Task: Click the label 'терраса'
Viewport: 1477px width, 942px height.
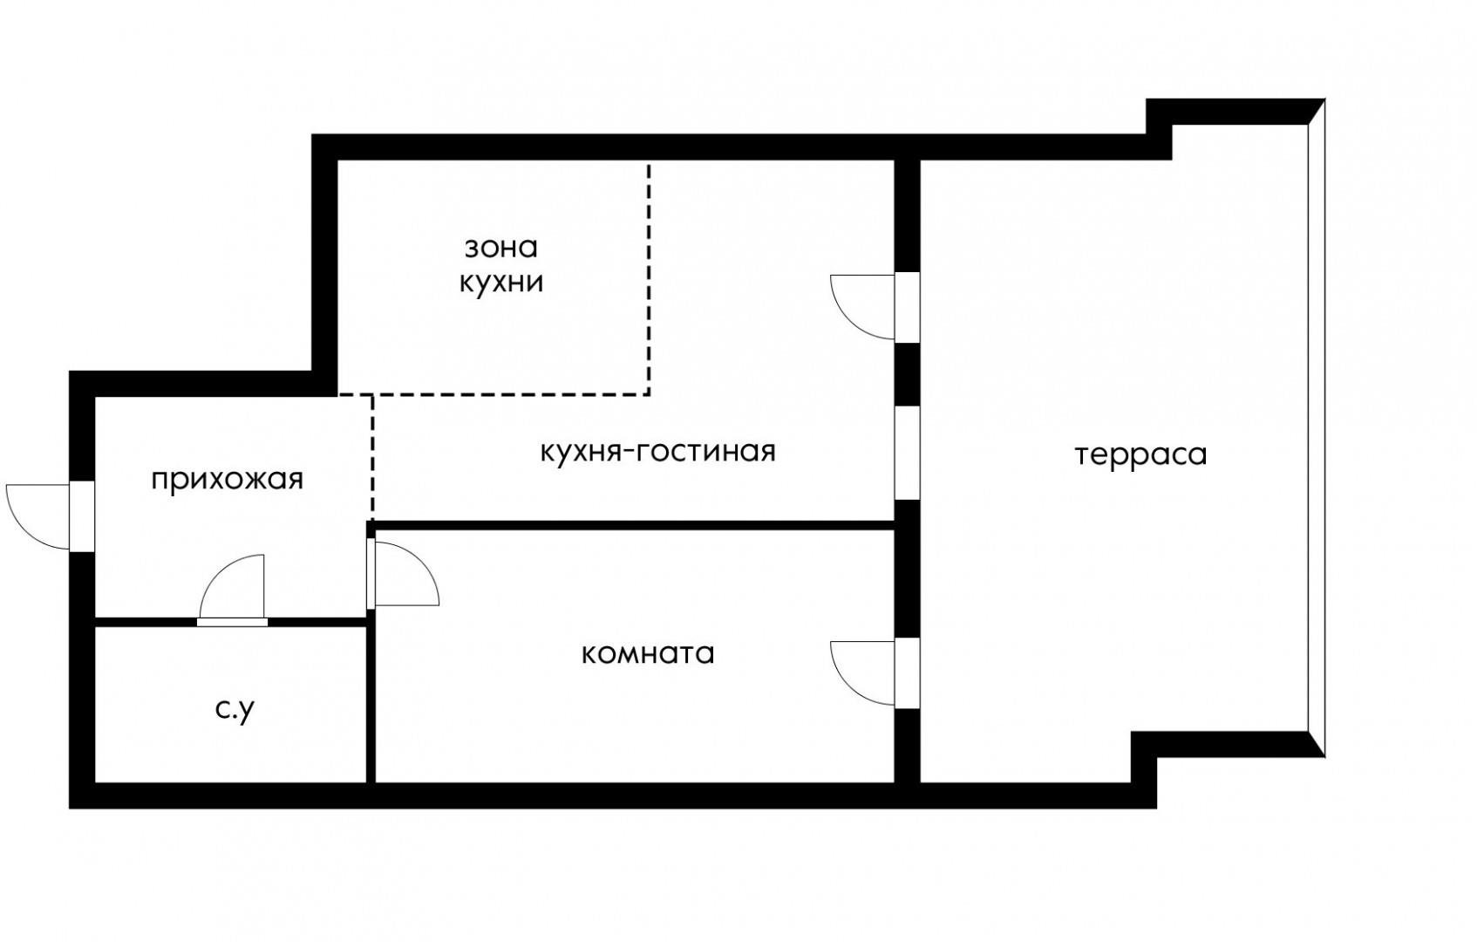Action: (x=1140, y=455)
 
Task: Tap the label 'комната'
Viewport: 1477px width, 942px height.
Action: (x=648, y=653)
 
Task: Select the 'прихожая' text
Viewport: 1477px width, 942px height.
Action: (x=227, y=480)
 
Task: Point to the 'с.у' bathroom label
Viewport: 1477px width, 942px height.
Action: (x=235, y=710)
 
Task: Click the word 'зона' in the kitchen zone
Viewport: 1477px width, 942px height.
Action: (x=500, y=248)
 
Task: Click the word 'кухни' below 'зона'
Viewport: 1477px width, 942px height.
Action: (x=501, y=283)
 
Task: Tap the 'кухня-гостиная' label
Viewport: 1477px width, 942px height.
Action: (x=657, y=452)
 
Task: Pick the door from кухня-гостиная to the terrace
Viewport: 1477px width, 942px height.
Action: (x=863, y=306)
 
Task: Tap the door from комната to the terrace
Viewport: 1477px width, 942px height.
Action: (x=863, y=672)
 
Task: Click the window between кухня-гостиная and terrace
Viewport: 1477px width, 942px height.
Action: (x=908, y=453)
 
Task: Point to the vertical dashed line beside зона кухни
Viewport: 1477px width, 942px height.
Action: (x=649, y=279)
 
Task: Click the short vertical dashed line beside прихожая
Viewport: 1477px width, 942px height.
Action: (x=372, y=458)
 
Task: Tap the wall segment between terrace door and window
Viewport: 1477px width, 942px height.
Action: (x=908, y=374)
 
